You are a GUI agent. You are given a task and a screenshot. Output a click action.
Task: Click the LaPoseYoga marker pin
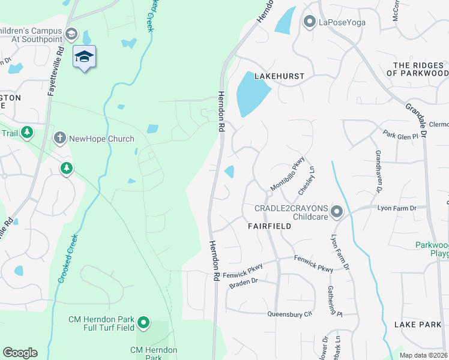click(310, 22)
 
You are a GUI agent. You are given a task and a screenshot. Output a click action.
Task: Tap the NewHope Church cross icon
click(59, 139)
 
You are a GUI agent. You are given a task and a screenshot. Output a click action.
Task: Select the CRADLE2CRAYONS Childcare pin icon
click(337, 211)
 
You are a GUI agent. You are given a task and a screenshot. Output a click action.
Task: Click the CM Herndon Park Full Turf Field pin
click(143, 323)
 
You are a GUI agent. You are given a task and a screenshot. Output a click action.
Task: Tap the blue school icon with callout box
click(85, 57)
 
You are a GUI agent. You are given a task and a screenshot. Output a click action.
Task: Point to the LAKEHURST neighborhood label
click(279, 77)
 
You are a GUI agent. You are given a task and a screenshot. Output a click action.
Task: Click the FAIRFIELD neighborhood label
click(270, 226)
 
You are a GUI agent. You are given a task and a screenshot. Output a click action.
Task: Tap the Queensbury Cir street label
click(291, 314)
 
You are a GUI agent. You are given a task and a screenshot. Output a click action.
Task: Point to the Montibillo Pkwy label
click(288, 175)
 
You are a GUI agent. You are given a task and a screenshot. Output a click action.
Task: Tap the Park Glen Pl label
click(400, 137)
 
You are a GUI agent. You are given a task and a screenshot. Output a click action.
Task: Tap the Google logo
click(20, 353)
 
